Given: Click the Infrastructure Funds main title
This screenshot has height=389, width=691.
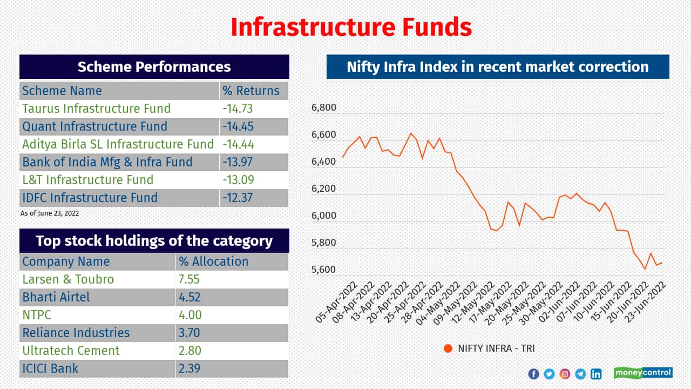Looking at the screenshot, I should (x=351, y=27).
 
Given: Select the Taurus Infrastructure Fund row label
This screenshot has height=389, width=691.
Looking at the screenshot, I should (x=96, y=109).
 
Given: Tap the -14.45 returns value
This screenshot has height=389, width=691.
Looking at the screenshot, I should (x=238, y=126).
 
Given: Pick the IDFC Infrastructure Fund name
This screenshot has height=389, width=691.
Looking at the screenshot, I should (x=90, y=198).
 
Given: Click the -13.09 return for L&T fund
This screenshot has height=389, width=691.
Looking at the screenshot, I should (x=238, y=180).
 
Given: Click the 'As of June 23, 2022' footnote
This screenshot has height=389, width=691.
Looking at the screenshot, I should (x=50, y=213).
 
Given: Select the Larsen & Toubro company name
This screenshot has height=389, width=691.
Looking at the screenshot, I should (x=68, y=279).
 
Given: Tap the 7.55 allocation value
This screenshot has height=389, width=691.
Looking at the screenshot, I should (x=189, y=279).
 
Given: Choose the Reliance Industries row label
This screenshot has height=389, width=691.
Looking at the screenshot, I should (x=76, y=333).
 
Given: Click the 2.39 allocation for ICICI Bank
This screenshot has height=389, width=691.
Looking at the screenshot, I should (x=189, y=368).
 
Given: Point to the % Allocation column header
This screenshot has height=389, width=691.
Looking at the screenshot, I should (x=214, y=261).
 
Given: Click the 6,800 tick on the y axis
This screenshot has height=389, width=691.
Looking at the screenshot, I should (x=324, y=108).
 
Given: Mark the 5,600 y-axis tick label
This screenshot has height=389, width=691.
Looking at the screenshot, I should (x=324, y=270).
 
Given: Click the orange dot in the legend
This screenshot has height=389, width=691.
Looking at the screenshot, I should (x=448, y=348).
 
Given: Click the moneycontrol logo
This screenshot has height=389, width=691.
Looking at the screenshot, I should (x=643, y=373).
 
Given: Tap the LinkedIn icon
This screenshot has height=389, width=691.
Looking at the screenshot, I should (x=596, y=374).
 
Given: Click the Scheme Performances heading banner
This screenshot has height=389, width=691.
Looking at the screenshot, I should (x=154, y=67).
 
